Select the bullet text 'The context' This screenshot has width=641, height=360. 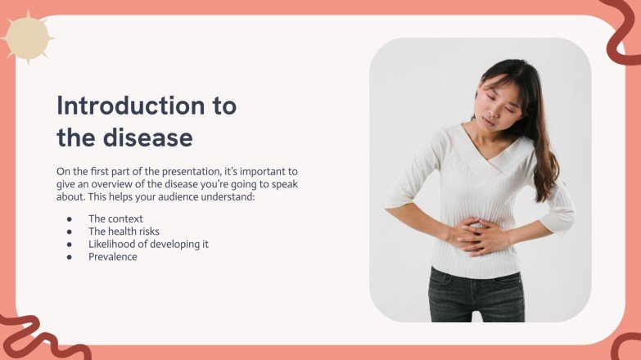[x=115, y=218]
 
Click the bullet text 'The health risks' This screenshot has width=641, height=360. [x=124, y=232]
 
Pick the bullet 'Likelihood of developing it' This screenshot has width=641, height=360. [x=148, y=244]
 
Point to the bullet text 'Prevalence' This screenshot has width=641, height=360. [x=113, y=257]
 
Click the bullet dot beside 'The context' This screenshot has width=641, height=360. [x=70, y=219]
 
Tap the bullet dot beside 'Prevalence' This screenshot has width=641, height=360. [x=70, y=257]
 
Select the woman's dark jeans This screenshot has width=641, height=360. [x=476, y=295]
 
